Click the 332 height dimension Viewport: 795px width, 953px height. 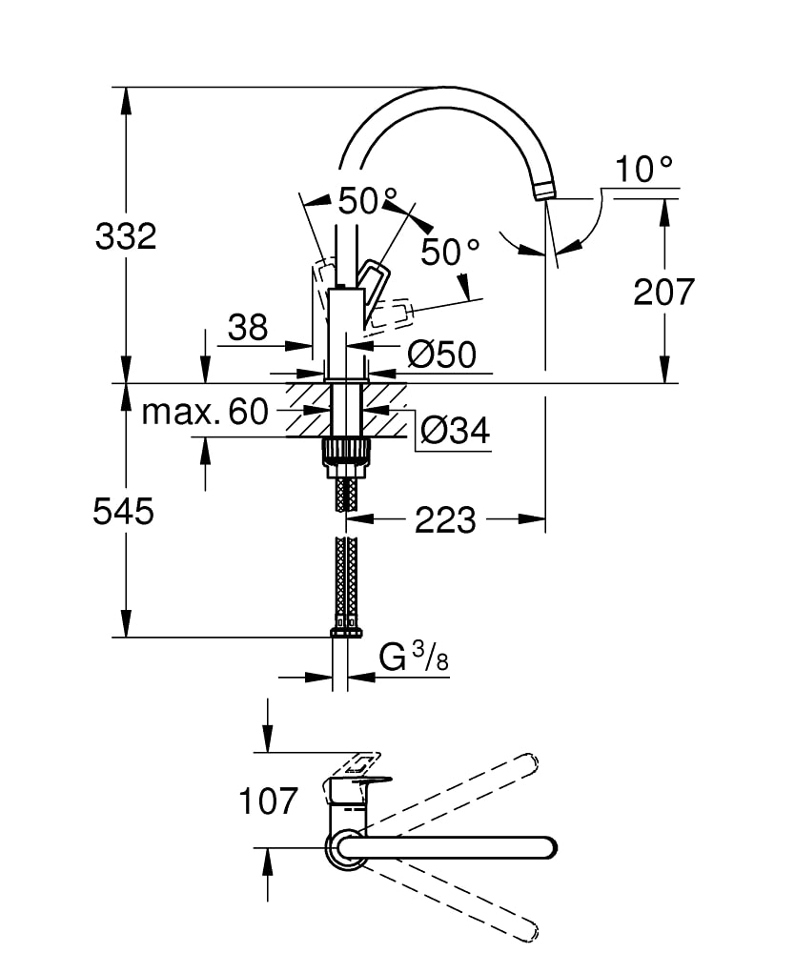click(x=125, y=235)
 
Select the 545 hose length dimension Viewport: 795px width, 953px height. click(x=123, y=513)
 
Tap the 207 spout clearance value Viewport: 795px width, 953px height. click(x=664, y=292)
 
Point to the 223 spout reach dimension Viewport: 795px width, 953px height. click(x=444, y=520)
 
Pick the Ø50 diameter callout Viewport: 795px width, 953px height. click(x=441, y=355)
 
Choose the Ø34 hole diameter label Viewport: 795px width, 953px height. click(x=455, y=432)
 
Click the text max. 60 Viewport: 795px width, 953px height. click(x=205, y=412)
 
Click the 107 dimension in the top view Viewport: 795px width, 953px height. click(x=268, y=801)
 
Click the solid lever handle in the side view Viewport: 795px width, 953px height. click(x=374, y=283)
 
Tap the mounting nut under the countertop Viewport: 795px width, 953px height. click(x=346, y=451)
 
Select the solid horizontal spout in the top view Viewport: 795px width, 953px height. click(x=448, y=847)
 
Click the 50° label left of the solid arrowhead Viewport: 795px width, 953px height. click(x=358, y=201)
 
